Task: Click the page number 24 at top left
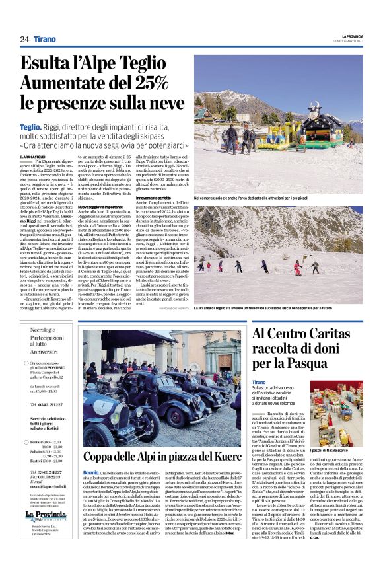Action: pos(24,39)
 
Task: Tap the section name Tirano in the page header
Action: pos(44,39)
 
